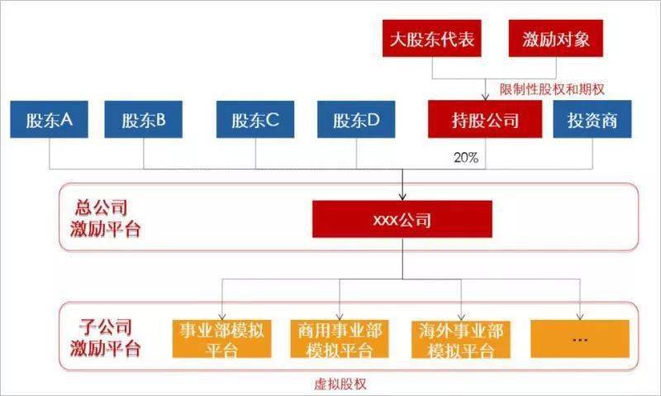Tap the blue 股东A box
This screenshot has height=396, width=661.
(x=50, y=121)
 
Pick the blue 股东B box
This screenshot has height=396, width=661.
(x=144, y=121)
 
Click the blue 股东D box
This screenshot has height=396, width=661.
(x=357, y=121)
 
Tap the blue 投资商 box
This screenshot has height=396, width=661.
(x=592, y=121)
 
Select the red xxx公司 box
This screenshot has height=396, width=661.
(x=402, y=221)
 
